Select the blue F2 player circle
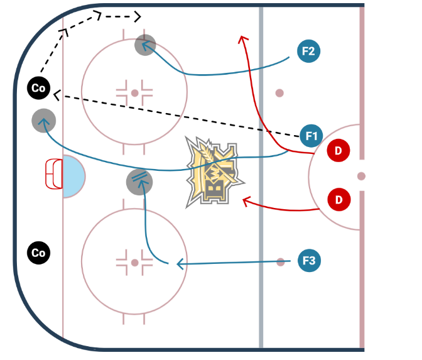coord(308,52)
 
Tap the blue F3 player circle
coord(308,259)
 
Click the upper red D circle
coord(338,150)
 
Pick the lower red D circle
coord(338,200)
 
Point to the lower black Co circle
coord(38,253)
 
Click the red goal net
coord(54,174)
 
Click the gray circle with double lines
coord(139,182)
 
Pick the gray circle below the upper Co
coord(44,120)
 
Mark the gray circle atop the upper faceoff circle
coord(145,45)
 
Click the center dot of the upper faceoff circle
coord(134,93)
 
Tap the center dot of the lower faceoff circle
coord(134,262)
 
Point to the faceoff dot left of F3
coord(279,261)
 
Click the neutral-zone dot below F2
coord(279,93)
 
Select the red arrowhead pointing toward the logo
coord(245,201)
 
